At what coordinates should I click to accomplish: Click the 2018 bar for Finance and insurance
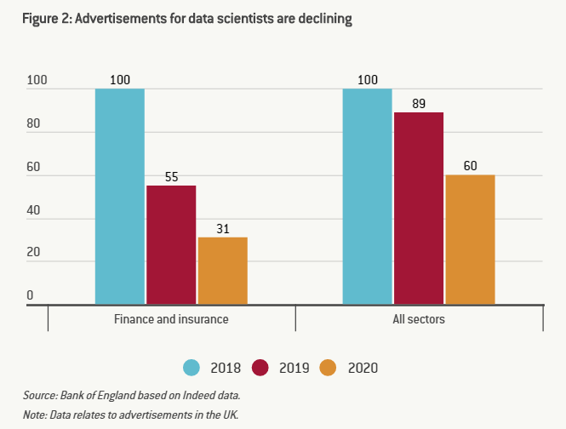[x=120, y=196]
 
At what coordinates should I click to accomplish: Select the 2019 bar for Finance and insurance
[x=171, y=244]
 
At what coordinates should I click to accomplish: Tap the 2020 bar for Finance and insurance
[x=223, y=270]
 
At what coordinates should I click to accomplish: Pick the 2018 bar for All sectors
[x=368, y=196]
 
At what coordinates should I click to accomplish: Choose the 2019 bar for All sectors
[x=419, y=208]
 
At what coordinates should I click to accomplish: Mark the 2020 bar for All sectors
[x=470, y=239]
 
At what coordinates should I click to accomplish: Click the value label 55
[x=171, y=178]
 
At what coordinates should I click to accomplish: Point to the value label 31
[x=223, y=229]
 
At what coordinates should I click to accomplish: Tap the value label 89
[x=419, y=104]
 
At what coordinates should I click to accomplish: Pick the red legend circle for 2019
[x=260, y=368]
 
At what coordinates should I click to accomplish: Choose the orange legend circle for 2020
[x=329, y=368]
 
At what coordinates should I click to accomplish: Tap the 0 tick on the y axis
[x=30, y=295]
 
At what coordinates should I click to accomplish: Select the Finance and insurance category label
[x=171, y=320]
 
